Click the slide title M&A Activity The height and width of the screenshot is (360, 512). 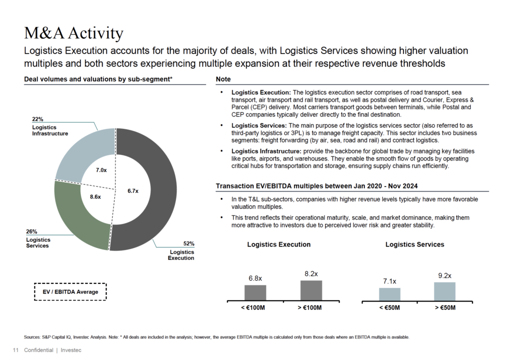73,33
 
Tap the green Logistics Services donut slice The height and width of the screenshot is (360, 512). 80,220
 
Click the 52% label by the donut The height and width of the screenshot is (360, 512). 188,243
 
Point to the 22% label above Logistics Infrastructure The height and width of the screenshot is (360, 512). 37,119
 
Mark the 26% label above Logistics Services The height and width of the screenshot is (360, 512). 31,231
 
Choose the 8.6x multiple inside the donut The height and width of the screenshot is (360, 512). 95,197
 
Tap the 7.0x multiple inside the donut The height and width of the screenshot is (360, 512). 101,170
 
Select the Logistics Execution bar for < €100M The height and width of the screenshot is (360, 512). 255,292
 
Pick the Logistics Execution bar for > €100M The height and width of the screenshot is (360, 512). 311,290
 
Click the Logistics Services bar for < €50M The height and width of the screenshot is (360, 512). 389,294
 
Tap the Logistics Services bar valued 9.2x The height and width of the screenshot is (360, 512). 444,291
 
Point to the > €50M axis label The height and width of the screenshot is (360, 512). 444,307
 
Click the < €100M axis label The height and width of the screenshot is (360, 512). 255,307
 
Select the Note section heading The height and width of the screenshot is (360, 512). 223,79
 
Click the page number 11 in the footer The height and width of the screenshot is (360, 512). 15,350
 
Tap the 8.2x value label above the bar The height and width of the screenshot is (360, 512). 311,273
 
